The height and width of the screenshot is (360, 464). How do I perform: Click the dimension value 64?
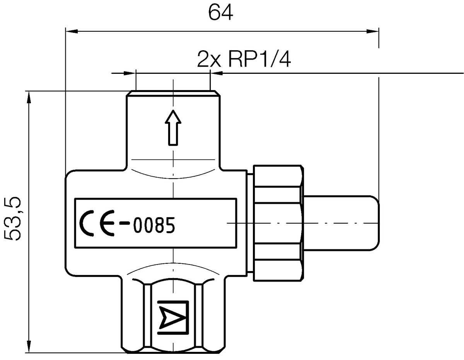221,12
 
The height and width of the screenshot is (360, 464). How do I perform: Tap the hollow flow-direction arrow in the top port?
173,128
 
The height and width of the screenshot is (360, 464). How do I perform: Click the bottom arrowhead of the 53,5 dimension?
28,347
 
